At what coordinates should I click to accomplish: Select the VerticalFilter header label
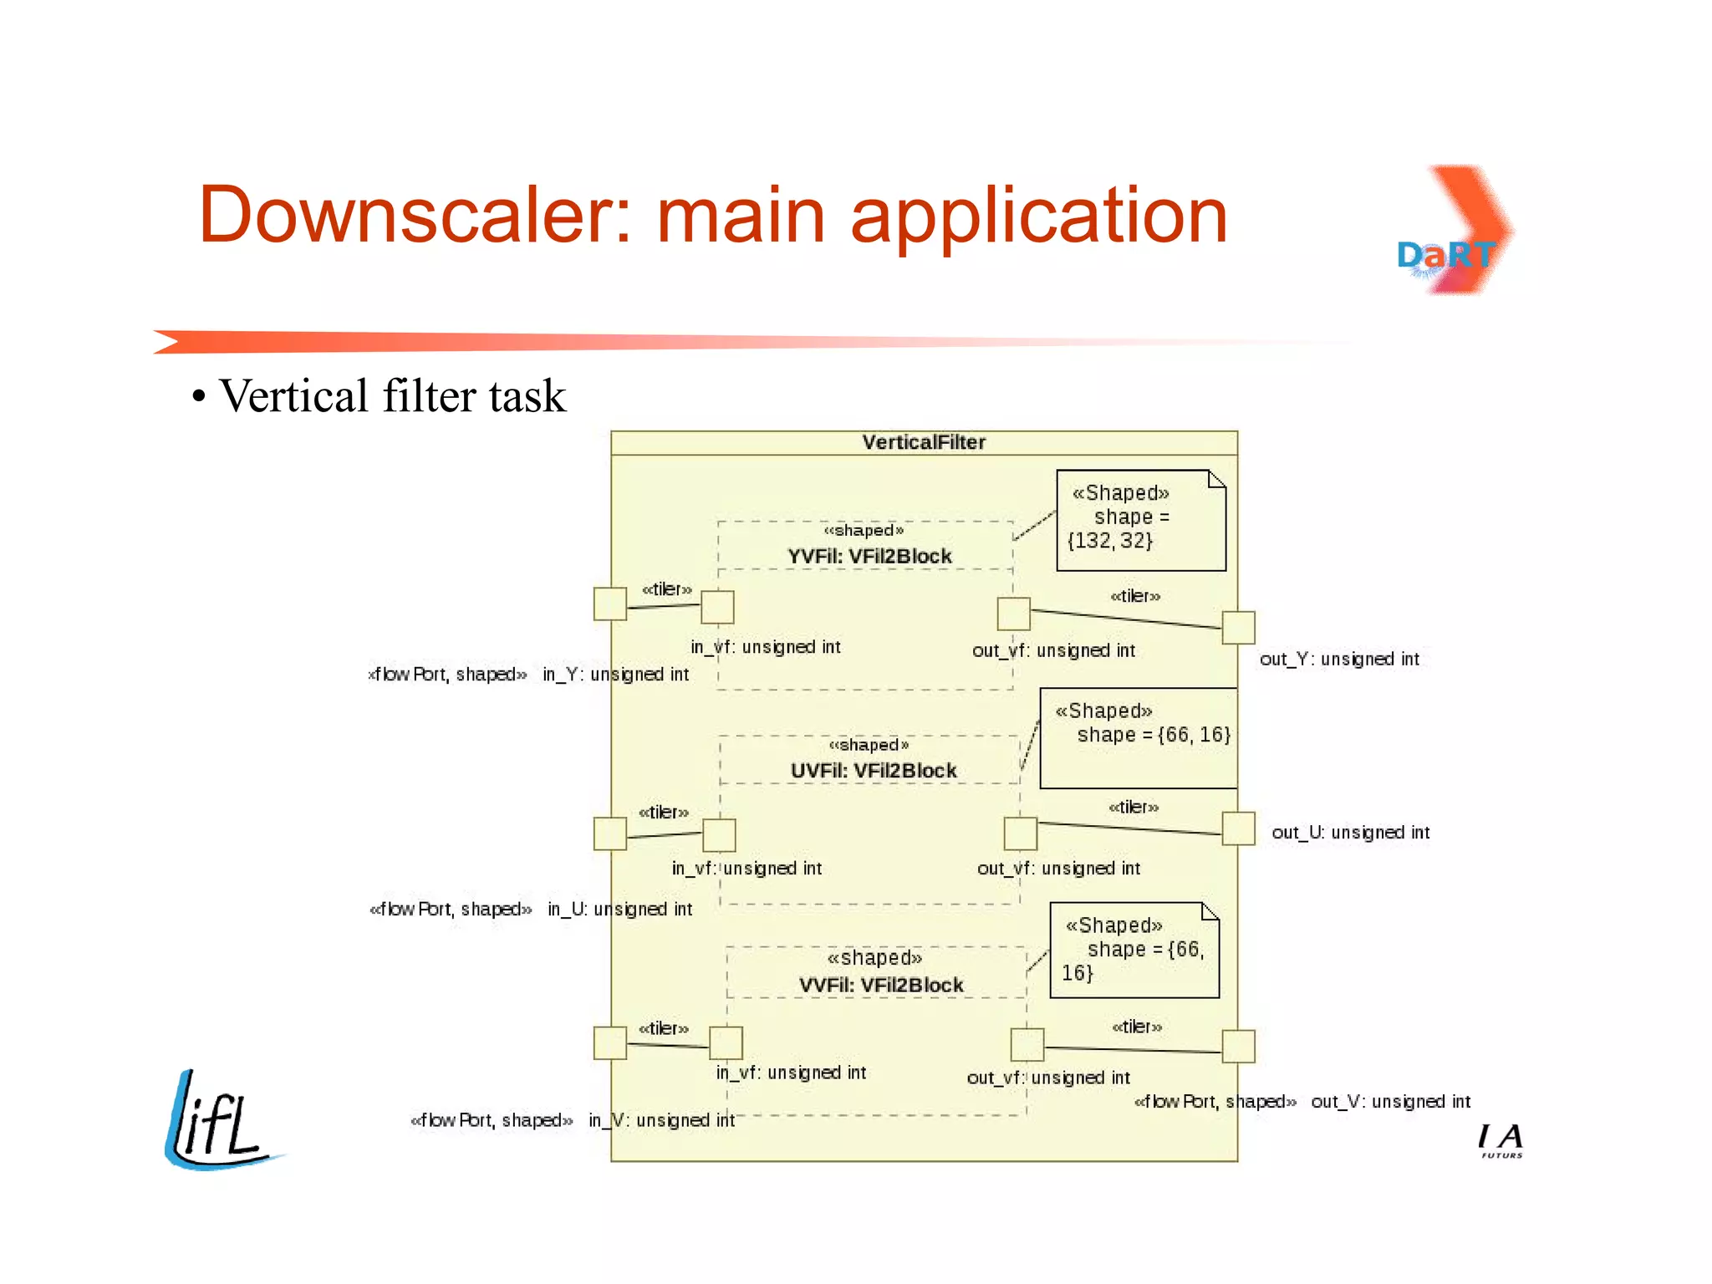[x=924, y=442]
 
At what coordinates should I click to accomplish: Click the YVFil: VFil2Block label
[x=869, y=556]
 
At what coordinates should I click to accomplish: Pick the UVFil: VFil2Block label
[x=873, y=771]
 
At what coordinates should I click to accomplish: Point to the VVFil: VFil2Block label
[x=880, y=985]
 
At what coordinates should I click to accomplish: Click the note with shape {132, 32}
[x=1140, y=520]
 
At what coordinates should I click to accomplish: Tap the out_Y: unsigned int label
[x=1339, y=659]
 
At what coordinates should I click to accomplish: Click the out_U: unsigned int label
[x=1350, y=833]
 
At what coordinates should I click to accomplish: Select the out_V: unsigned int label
[x=1390, y=1102]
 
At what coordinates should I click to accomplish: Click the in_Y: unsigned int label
[x=615, y=675]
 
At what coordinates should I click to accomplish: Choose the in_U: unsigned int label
[x=619, y=909]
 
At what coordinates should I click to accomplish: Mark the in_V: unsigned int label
[x=661, y=1120]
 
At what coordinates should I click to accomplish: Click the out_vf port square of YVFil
[x=1013, y=614]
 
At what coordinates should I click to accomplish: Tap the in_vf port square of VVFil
[x=726, y=1042]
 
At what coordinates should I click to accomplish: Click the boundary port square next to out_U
[x=1238, y=828]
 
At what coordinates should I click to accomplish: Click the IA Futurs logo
[x=1501, y=1140]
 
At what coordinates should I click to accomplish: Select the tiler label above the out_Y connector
[x=1134, y=596]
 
